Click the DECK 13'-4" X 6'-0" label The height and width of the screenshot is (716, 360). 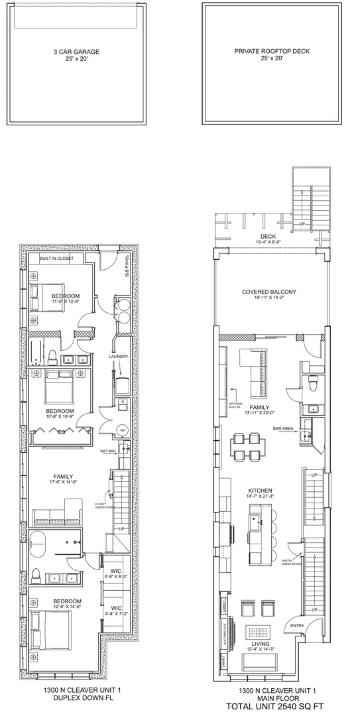(269, 239)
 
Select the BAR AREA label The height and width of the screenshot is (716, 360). (284, 428)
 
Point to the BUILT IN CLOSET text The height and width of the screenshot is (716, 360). (57, 258)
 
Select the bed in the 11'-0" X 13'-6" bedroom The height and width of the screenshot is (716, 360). (46, 295)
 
